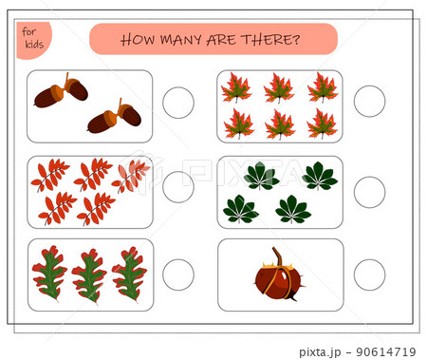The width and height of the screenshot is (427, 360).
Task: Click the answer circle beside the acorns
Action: click(x=177, y=103)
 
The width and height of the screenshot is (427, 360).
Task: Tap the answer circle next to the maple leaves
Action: click(x=369, y=102)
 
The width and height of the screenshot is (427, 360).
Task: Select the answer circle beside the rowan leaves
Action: click(x=177, y=188)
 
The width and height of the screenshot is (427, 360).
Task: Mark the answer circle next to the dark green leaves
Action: click(x=369, y=191)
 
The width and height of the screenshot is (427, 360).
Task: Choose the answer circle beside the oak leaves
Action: click(x=177, y=275)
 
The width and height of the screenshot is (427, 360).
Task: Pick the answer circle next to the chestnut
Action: click(x=369, y=275)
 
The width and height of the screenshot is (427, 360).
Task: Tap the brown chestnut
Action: click(x=277, y=280)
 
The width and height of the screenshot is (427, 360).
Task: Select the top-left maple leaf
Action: click(x=236, y=88)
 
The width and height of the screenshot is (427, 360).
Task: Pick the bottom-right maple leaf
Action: click(x=323, y=123)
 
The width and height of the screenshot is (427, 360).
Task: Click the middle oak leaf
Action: click(x=89, y=275)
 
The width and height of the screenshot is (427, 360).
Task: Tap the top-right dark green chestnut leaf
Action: click(x=319, y=176)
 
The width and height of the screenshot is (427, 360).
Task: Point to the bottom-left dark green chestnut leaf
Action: click(x=240, y=209)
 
